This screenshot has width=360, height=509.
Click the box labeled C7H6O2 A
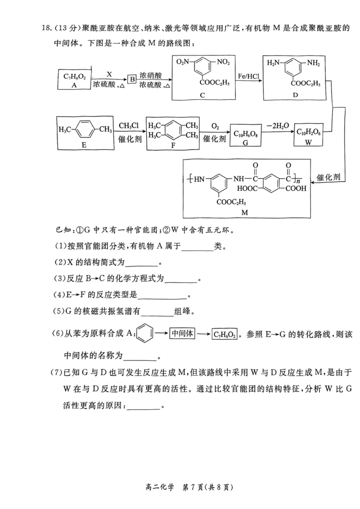(75, 79)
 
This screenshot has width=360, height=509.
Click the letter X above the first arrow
(108, 73)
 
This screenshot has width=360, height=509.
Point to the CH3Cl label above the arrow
(130, 125)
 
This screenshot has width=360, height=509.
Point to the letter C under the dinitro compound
(202, 95)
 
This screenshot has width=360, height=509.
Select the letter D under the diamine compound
(295, 95)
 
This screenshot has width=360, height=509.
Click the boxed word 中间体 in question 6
(182, 333)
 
